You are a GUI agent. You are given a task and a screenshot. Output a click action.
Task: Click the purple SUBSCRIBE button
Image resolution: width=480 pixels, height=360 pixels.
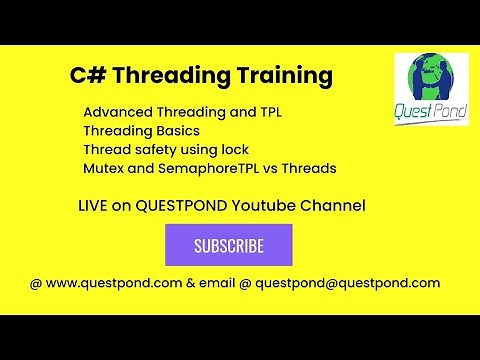[228, 245]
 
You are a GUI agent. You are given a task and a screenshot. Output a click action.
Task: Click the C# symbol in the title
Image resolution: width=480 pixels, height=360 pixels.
[85, 76]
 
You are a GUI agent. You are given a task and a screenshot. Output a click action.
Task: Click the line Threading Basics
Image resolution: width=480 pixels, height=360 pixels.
[141, 131]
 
